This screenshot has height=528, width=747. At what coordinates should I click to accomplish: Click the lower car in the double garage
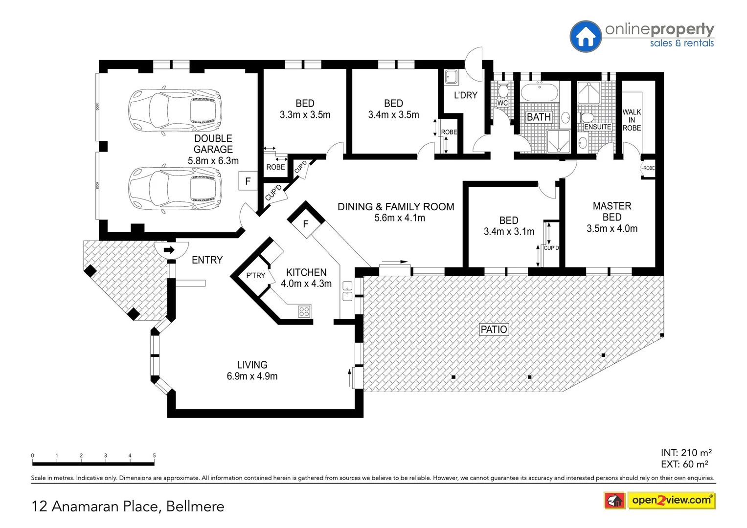pos(175,188)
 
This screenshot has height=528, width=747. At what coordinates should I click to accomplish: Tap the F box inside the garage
pos(248,181)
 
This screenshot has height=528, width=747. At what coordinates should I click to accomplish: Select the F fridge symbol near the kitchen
pos(306,224)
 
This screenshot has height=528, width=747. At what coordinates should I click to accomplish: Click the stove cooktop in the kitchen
pos(304,311)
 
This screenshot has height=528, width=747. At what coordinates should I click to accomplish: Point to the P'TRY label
pos(255,276)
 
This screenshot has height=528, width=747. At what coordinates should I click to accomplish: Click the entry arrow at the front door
pos(169,250)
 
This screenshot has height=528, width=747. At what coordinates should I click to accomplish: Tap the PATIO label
pos(494,330)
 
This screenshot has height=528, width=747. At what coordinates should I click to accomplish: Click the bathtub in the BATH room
pos(539,92)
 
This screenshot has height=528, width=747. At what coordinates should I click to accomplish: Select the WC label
pos(502,103)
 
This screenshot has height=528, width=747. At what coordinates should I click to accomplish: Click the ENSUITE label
pos(597,127)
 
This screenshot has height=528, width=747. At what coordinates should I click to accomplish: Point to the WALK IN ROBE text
pos(632,120)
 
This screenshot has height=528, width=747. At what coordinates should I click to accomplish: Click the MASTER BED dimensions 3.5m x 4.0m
pos(612,229)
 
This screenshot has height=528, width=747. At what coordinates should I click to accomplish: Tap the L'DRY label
pos(465,95)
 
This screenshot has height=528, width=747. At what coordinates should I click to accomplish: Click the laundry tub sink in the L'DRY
pos(451,77)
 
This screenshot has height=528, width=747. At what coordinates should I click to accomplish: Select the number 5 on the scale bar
pos(154,456)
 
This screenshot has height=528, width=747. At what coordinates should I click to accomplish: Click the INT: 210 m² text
pos(686,453)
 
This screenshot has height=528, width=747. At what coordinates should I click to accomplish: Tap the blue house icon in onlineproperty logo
pos(585,37)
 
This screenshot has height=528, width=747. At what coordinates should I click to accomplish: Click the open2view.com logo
pos(671,500)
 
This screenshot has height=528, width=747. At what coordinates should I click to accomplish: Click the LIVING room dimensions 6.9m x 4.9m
pos(252,376)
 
